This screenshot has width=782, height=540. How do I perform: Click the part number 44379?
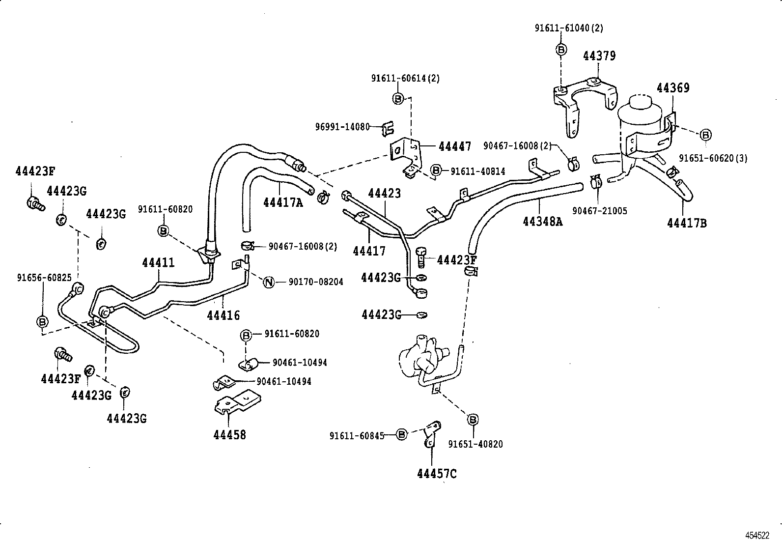(x=599, y=56)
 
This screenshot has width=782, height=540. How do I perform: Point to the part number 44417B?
(x=687, y=223)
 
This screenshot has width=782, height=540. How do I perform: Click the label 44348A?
(x=542, y=221)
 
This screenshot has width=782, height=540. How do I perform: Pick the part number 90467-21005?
(x=599, y=211)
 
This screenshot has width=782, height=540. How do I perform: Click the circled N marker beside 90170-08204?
(x=269, y=282)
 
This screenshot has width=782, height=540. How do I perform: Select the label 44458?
(x=229, y=435)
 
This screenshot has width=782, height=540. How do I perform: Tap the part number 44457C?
(x=437, y=474)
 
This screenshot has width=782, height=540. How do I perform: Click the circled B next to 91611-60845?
(x=401, y=434)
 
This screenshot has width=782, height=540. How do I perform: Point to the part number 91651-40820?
(x=475, y=444)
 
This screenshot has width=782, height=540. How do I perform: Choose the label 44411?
(x=158, y=263)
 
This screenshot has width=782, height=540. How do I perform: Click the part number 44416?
(x=223, y=315)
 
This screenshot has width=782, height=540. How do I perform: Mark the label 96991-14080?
(x=342, y=127)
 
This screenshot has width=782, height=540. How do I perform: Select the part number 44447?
(x=454, y=146)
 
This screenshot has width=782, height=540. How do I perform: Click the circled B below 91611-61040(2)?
(x=561, y=49)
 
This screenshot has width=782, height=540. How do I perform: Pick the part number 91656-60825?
(x=44, y=278)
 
